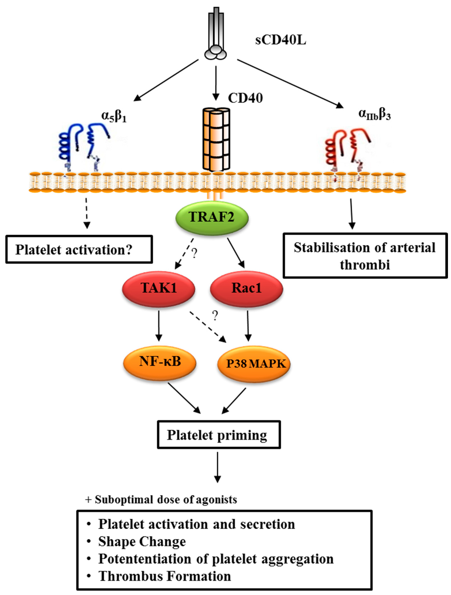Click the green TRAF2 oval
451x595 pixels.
(x=212, y=218)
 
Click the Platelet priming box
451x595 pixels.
(x=219, y=435)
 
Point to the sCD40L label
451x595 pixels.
(x=281, y=41)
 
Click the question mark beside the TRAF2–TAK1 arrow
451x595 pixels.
(x=194, y=253)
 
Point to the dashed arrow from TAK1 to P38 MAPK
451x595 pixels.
(x=208, y=327)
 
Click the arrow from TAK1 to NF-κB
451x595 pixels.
(x=159, y=326)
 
